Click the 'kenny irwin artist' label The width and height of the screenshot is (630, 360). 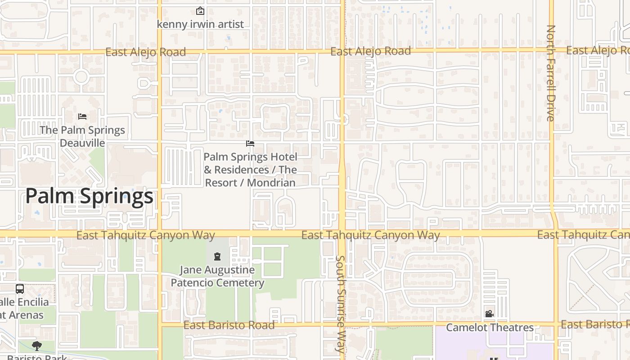[x=200, y=24]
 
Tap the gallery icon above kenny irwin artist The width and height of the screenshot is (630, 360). [x=200, y=11]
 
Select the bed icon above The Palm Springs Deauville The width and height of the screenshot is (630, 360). [x=82, y=116]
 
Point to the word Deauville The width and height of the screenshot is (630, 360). [x=82, y=143]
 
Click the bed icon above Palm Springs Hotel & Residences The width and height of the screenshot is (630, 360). [x=250, y=144]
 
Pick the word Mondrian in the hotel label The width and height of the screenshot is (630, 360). [x=271, y=183]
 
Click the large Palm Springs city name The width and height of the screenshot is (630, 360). [x=89, y=196]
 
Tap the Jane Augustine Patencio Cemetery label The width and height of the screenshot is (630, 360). [x=217, y=276]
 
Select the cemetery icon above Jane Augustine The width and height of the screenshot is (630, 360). [x=217, y=256]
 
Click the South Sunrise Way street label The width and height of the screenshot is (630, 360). [x=340, y=304]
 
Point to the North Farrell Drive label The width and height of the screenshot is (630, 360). [x=551, y=73]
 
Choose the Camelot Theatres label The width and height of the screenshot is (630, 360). [x=490, y=328]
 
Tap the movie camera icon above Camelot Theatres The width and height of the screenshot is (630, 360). [x=489, y=314]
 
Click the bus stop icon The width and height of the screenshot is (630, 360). [x=20, y=289]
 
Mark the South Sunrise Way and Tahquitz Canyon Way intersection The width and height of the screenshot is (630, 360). [x=342, y=234]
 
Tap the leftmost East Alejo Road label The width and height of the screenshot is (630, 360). [x=145, y=52]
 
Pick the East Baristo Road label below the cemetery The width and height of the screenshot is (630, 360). [x=229, y=325]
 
